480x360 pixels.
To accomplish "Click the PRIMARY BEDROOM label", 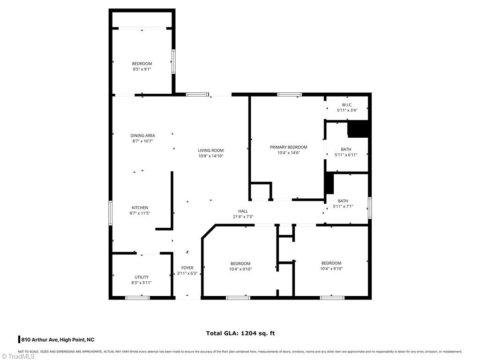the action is click(x=288, y=147).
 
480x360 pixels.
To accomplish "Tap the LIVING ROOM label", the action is click(x=210, y=150).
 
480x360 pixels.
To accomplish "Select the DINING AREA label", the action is click(x=142, y=135).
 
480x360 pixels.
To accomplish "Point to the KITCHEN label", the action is click(x=140, y=208).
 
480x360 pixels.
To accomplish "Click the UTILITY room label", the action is click(x=142, y=277).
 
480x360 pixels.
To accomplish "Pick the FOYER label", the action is click(x=187, y=268).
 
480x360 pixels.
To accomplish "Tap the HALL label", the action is click(x=243, y=211).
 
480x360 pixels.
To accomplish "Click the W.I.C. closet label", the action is click(x=347, y=105).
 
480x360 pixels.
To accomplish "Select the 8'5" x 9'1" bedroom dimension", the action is click(x=142, y=69).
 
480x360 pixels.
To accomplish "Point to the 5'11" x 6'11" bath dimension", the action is click(x=346, y=155).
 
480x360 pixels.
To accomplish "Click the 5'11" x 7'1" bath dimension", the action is click(x=343, y=207).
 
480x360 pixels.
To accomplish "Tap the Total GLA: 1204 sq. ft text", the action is click(x=240, y=333).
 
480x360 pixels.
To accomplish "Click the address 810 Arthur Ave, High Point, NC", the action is click(x=58, y=340).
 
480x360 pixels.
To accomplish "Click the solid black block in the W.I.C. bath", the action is click(x=358, y=129).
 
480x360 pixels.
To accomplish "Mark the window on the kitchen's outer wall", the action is click(x=111, y=213).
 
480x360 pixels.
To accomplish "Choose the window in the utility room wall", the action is click(x=138, y=298).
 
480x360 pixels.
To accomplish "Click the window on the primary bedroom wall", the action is click(x=289, y=94).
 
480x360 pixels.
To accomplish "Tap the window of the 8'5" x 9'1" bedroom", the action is click(x=173, y=62).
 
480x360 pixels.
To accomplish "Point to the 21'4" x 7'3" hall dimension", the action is click(x=243, y=217).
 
